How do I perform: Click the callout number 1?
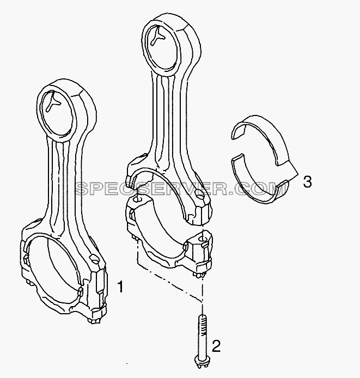coord(120,286)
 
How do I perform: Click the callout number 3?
coord(307,182)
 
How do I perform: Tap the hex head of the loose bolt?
coord(200,369)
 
